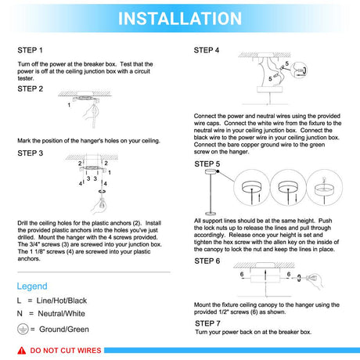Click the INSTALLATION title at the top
click(x=180, y=19)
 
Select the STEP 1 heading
click(x=30, y=50)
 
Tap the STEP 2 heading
click(x=30, y=88)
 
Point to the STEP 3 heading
click(x=30, y=153)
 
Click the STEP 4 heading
click(x=207, y=50)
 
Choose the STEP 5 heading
click(x=207, y=164)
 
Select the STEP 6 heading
click(x=207, y=261)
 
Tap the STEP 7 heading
click(x=207, y=323)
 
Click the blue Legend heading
click(x=32, y=286)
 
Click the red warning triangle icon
click(x=22, y=351)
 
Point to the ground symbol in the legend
click(x=23, y=329)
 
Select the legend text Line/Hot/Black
click(x=62, y=301)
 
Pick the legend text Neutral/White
click(x=61, y=314)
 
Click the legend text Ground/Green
click(x=64, y=329)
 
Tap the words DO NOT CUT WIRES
click(x=66, y=351)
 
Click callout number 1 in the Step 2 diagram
click(x=69, y=105)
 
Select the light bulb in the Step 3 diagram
click(x=101, y=204)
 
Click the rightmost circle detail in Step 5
click(x=324, y=188)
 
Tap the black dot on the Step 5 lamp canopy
click(x=218, y=171)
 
